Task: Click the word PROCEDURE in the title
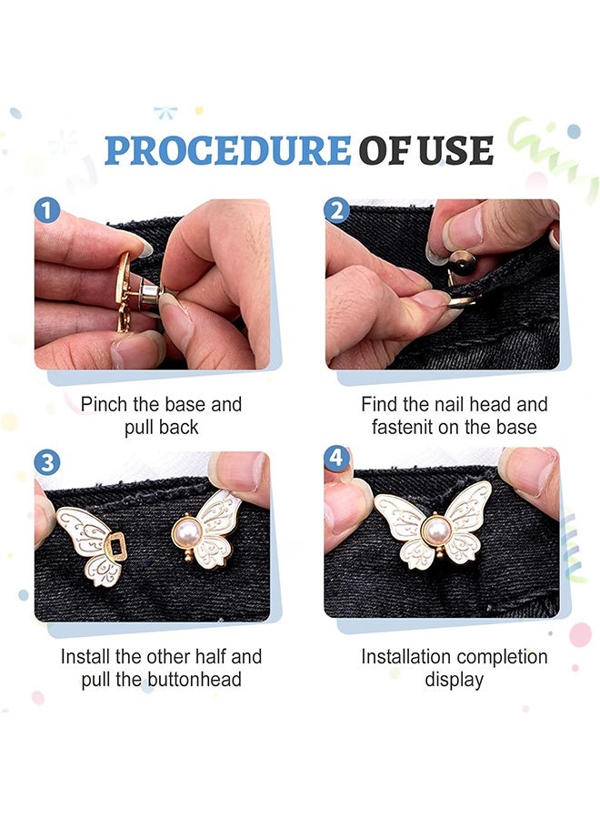point(227,150)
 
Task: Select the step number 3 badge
point(47,462)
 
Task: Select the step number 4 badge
point(337,458)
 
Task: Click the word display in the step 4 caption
point(455,680)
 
